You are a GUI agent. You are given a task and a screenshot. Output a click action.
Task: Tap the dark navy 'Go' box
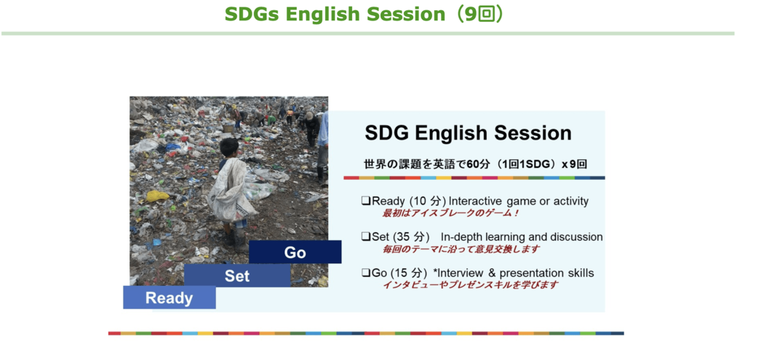[x=295, y=252]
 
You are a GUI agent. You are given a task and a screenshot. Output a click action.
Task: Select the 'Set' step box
[x=237, y=276]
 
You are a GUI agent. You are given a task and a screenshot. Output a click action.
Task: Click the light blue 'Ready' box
[x=169, y=297]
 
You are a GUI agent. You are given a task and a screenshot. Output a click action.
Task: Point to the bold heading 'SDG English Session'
[x=469, y=133]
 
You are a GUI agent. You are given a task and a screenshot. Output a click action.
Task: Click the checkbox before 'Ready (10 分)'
[x=365, y=201]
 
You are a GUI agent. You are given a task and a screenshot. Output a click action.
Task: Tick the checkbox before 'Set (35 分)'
[x=365, y=237]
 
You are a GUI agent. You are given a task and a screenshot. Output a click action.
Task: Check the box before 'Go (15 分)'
[x=365, y=273]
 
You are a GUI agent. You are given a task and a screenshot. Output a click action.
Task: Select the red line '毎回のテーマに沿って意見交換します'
[x=461, y=249]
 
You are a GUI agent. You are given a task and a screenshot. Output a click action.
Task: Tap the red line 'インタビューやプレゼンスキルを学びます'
[x=470, y=285]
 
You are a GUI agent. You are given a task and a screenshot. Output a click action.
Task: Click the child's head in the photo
[x=229, y=147]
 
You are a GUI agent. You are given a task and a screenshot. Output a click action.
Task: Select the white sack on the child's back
[x=231, y=190]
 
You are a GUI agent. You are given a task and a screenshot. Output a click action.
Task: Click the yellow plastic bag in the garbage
[x=157, y=196]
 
